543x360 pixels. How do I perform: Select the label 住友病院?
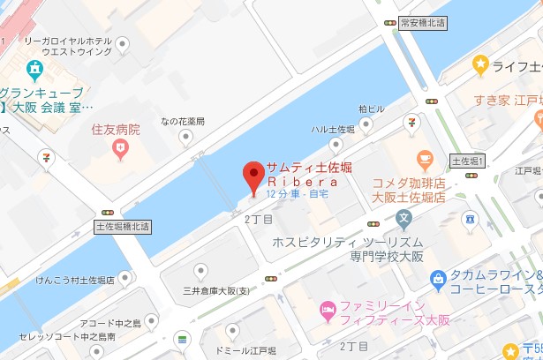tap(116, 129)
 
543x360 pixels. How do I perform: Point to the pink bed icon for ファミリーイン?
tap(327, 310)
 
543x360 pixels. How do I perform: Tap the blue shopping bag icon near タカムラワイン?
tap(437, 280)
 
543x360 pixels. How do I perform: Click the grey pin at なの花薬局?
tap(185, 138)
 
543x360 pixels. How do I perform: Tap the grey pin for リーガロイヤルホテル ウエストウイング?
tap(122, 44)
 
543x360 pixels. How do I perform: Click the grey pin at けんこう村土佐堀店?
tap(124, 280)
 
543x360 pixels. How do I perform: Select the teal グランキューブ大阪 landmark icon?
tap(34, 69)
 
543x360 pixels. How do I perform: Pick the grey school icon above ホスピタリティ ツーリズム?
tap(404, 216)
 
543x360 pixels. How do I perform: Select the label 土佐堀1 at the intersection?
tap(469, 161)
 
